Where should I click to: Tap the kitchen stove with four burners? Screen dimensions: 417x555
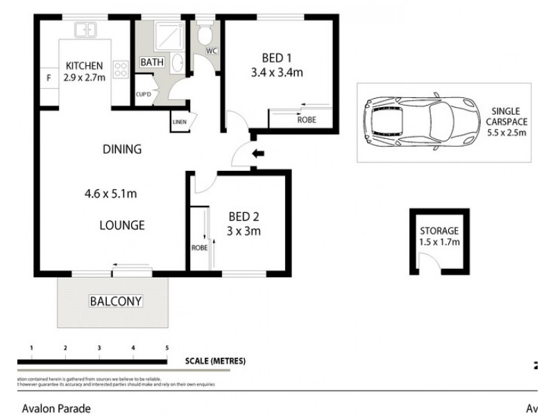[x=120, y=69]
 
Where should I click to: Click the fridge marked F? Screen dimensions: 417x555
[x=49, y=78]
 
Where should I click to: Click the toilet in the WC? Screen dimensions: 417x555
[x=206, y=35]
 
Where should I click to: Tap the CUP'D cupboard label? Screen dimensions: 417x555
[x=145, y=94]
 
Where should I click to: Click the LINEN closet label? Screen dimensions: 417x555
[x=180, y=122]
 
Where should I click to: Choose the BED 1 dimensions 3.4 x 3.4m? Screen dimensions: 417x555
[x=277, y=72]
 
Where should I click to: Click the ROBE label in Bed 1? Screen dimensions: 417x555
[x=306, y=120]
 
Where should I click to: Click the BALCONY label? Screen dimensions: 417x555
[x=115, y=301]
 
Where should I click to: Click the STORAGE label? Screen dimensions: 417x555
[x=438, y=231]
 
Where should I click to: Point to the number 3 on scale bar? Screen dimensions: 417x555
[x=99, y=347]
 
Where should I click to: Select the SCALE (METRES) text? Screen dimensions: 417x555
[x=215, y=361]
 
